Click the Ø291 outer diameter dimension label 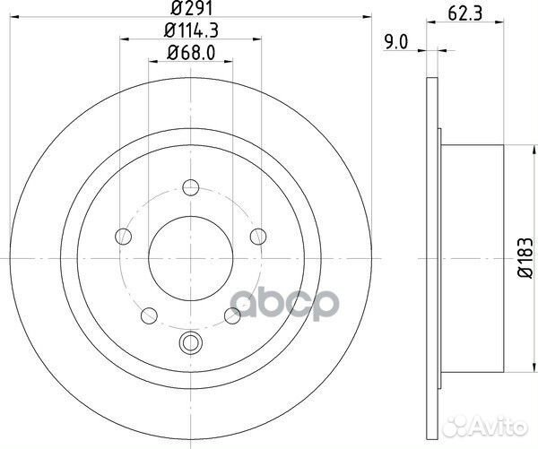coord(189,13)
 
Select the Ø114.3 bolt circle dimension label coord(189,33)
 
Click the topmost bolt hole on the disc coord(189,188)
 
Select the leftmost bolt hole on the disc coord(122,237)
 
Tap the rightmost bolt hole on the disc coord(257,237)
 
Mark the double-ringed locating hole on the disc coord(189,341)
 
